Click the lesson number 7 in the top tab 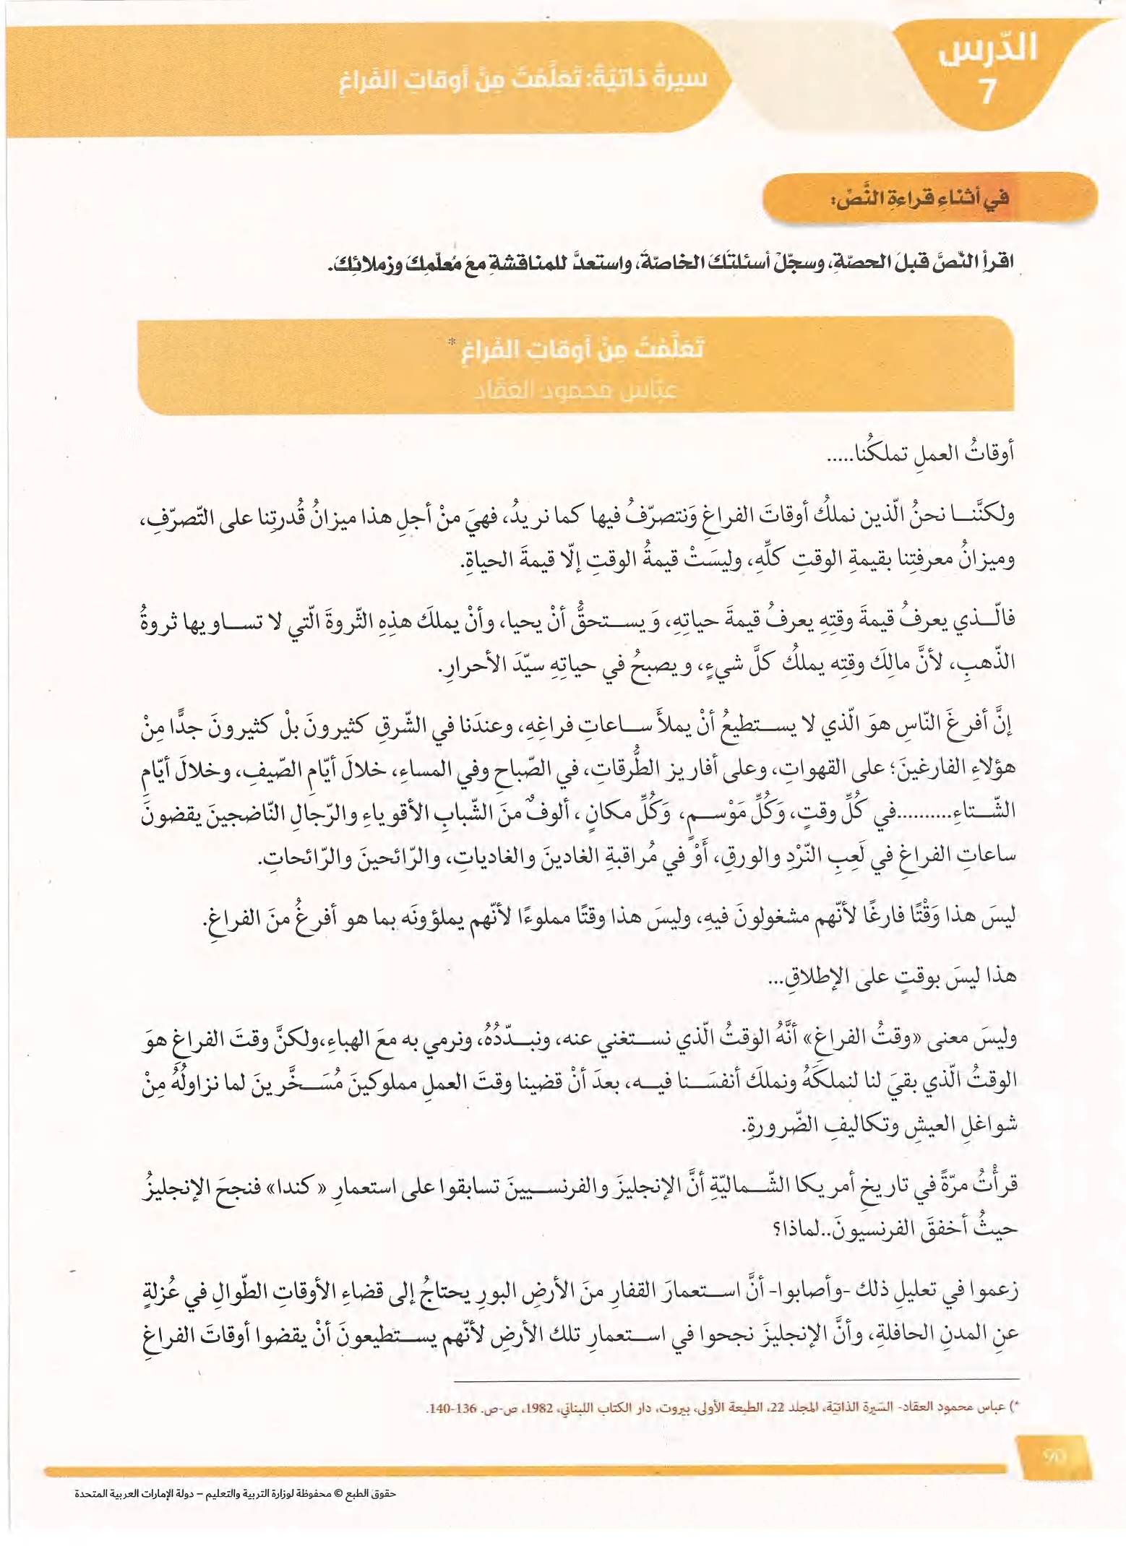point(987,92)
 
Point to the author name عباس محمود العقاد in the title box point(576,391)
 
